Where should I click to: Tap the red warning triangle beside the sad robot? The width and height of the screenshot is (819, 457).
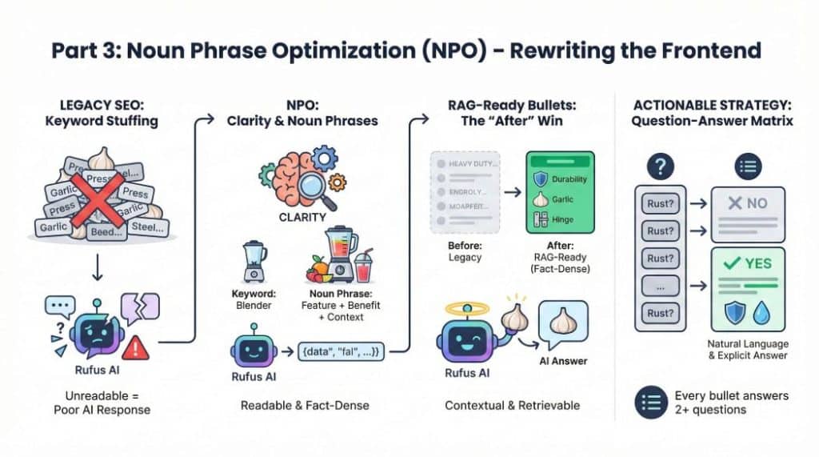pos(136,347)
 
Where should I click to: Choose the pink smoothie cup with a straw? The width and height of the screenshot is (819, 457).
pos(365,266)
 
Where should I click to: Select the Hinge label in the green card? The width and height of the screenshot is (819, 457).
pos(565,219)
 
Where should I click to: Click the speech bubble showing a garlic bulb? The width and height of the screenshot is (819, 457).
pos(563,323)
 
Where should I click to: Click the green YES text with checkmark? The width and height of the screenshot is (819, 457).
pos(749,263)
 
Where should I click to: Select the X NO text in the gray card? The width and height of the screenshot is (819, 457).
pos(747,203)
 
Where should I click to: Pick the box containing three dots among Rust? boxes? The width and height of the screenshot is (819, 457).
pos(661,286)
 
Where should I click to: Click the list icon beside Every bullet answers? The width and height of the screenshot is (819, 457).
pos(651,403)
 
